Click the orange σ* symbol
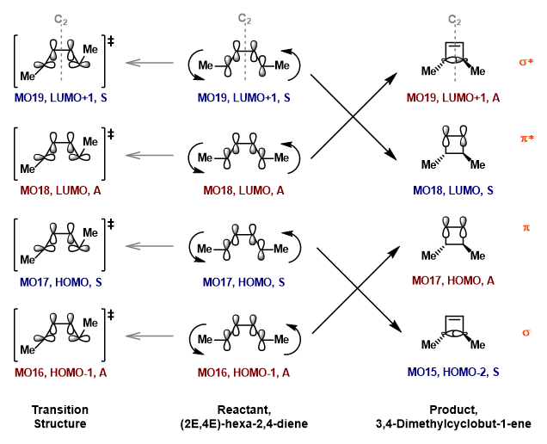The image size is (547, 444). tap(525, 62)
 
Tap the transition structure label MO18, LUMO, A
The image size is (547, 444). tap(58, 188)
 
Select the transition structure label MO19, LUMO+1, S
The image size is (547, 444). tap(58, 99)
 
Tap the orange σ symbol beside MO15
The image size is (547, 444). tap(525, 331)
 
